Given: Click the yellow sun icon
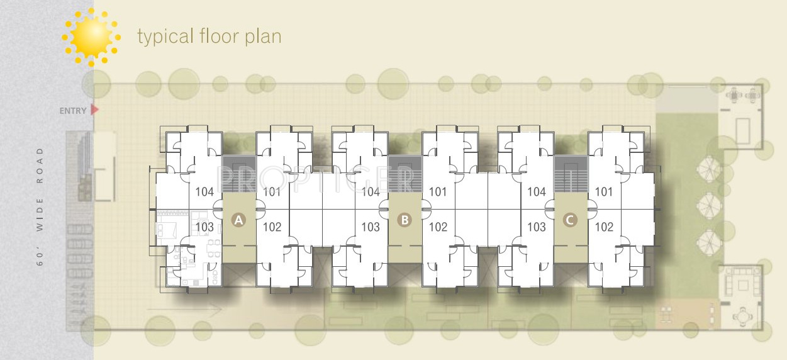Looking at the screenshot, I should [x=91, y=37].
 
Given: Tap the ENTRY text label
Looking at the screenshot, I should [x=72, y=111].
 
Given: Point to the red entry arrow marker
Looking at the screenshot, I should [x=95, y=110].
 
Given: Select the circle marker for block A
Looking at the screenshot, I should [x=238, y=220].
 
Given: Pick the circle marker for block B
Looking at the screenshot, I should [x=405, y=220].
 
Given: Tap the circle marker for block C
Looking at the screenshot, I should [x=570, y=220].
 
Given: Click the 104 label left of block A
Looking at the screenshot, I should [x=204, y=192].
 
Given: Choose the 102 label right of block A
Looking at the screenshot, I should [x=272, y=227].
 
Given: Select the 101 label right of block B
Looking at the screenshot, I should [x=437, y=192].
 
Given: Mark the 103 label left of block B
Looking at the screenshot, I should [x=371, y=227].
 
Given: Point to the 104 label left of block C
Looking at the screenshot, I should [x=536, y=192].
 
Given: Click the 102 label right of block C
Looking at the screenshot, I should [x=603, y=227].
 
